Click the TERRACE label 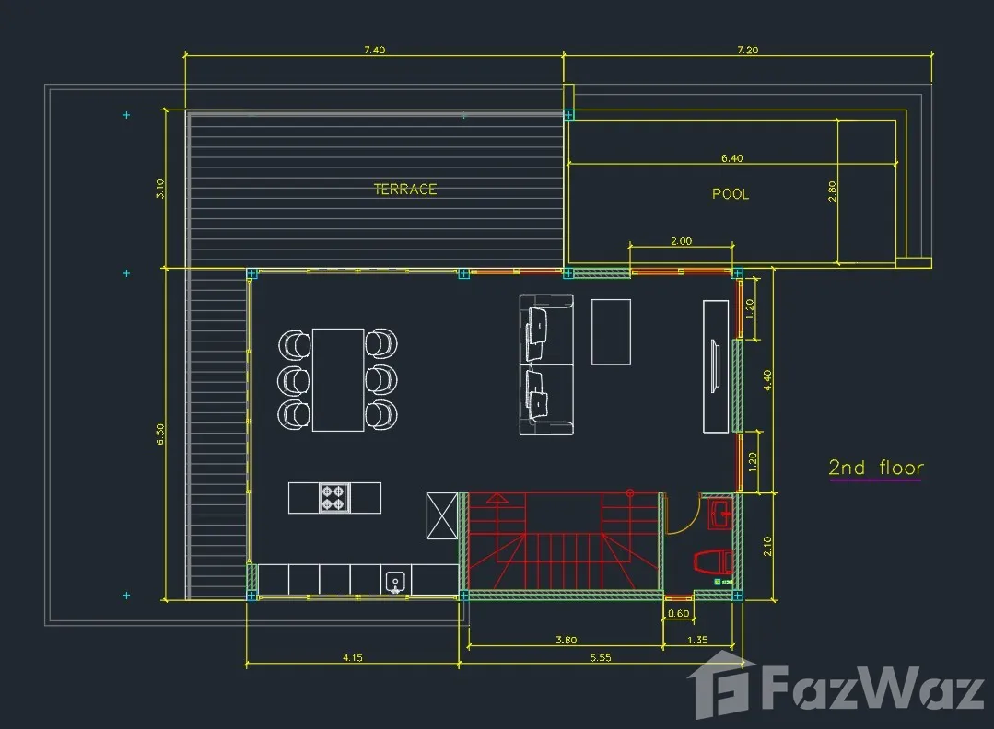405,189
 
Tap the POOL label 731,194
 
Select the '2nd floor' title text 876,468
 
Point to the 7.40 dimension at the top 375,50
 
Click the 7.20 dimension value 748,50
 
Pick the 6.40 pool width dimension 731,157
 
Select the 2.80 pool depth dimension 832,191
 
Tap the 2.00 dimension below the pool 682,240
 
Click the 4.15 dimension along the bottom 353,657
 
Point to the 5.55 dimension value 601,657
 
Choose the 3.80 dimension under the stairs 567,640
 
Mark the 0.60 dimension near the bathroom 678,613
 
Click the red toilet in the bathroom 714,561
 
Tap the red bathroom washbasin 720,515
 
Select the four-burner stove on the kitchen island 334,497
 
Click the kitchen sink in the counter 395,582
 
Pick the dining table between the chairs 338,380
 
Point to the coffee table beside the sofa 611,332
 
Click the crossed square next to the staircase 442,516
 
